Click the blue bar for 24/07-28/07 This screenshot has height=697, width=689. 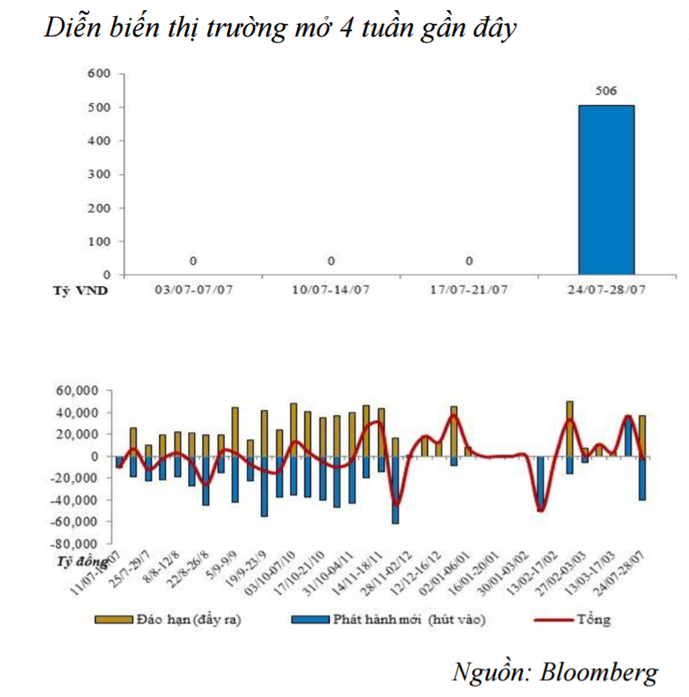pyautogui.click(x=606, y=190)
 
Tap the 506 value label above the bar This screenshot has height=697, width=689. pyautogui.click(x=606, y=91)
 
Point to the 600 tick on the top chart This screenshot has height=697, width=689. pyautogui.click(x=100, y=73)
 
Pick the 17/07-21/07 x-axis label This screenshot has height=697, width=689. pyautogui.click(x=468, y=289)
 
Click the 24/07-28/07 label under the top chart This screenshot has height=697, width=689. pyautogui.click(x=606, y=289)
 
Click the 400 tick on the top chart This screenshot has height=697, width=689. pyautogui.click(x=100, y=140)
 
